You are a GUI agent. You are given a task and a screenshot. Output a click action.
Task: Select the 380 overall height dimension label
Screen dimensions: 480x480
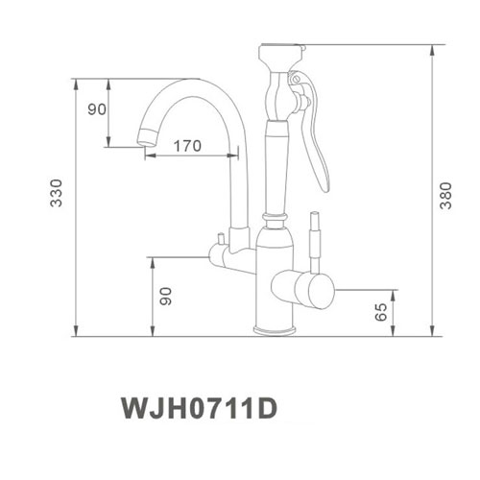pos(444,197)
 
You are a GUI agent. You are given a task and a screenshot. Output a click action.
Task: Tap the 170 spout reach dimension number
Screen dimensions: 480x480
pos(187,147)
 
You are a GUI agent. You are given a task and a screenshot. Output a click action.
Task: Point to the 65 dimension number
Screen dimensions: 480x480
pos(381,311)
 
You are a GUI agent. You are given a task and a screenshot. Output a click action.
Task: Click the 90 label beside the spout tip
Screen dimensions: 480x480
pos(96,108)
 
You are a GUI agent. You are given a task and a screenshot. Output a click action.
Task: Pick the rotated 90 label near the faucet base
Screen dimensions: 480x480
pos(165,297)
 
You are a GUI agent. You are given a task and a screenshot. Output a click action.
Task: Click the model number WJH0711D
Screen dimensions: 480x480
pos(198,407)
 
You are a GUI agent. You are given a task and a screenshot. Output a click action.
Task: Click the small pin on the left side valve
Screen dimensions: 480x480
pos(219,239)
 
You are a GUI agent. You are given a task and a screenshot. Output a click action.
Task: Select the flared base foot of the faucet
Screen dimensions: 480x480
pos(275,329)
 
